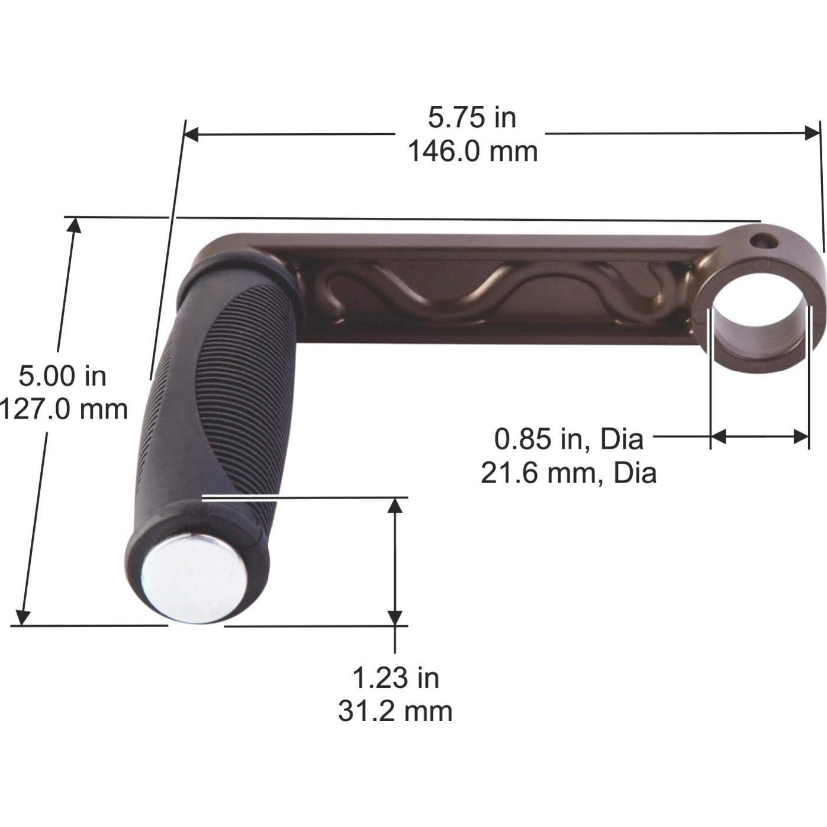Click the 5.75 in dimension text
pos(472,117)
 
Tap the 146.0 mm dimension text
pos(472,152)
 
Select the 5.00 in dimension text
pos(62,376)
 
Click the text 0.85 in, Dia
pos(568,439)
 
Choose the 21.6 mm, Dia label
pos(568,474)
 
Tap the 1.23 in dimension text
pos(395,678)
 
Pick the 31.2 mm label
pos(395,712)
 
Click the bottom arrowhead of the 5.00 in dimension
pos(22,617)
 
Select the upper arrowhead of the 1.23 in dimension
pos(395,505)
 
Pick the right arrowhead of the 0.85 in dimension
pos(802,437)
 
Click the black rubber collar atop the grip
pos(237,269)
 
